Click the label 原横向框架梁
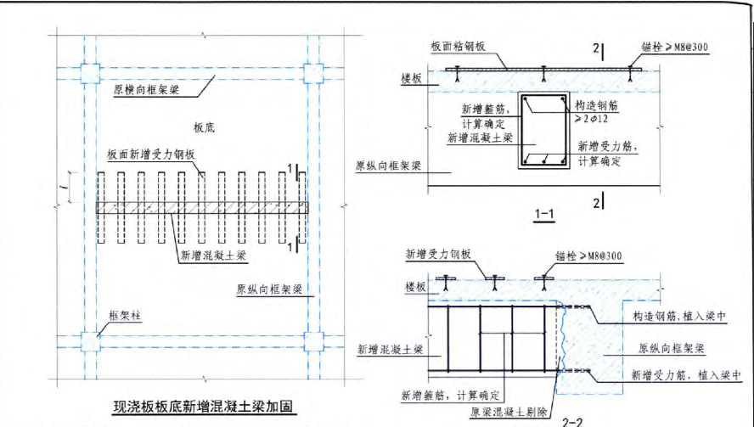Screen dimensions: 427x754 pos(146,87)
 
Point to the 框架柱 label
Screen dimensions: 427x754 pos(123,316)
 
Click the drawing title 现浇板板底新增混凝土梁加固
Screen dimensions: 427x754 pos(204,407)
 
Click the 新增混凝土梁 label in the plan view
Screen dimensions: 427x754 pos(212,253)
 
